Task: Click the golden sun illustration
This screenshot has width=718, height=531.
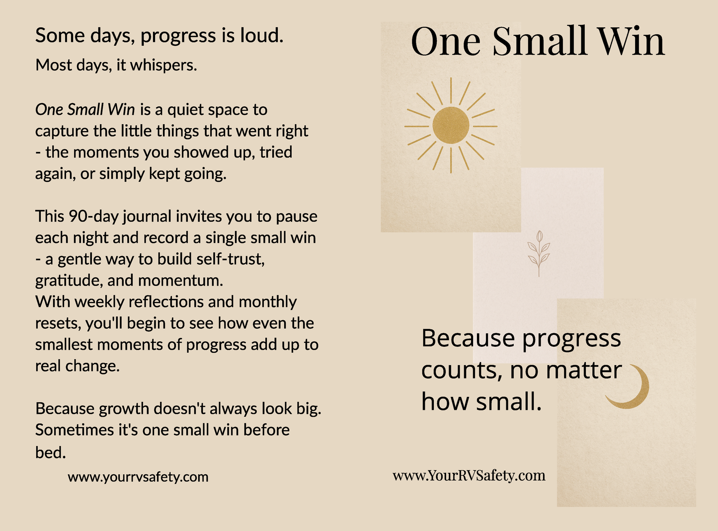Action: [451, 126]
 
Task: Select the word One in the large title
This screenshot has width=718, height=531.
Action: [446, 41]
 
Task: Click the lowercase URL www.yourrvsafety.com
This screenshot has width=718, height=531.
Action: [138, 477]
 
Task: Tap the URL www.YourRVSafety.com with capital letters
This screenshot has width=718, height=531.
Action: [469, 475]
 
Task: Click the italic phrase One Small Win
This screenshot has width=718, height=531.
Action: [85, 110]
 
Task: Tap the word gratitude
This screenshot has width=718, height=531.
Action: [68, 281]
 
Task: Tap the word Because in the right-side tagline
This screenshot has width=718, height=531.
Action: [468, 338]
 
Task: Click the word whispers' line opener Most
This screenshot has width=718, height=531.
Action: [54, 65]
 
